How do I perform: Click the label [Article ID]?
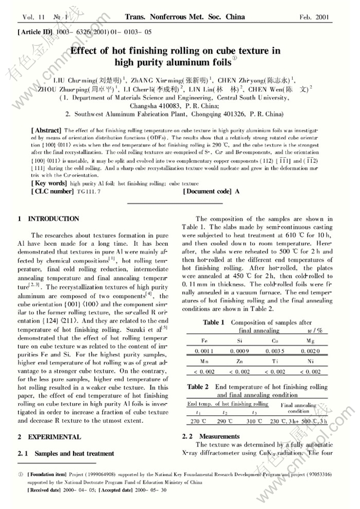[35, 32]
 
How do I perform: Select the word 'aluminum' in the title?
[181, 62]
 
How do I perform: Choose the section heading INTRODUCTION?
[53, 219]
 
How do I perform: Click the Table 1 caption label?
[214, 323]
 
